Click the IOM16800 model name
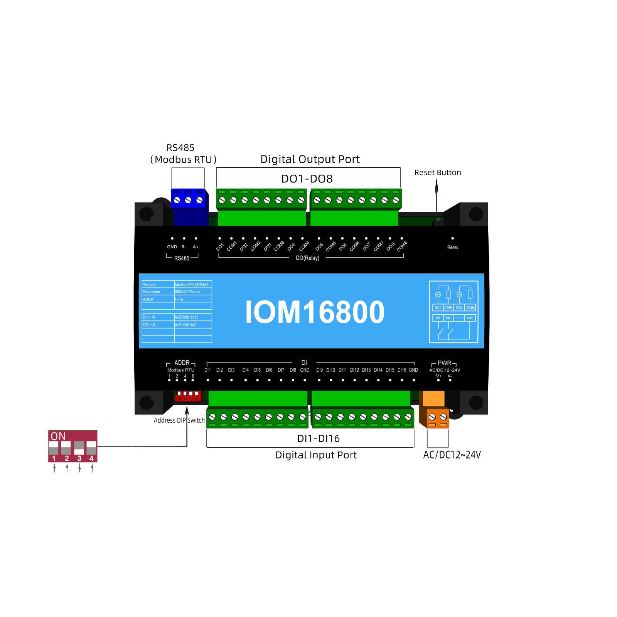315,312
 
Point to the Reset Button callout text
437,172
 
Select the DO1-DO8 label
307,179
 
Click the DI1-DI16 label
318,438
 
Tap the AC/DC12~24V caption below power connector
452,455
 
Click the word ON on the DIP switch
58,436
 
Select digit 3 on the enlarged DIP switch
79,459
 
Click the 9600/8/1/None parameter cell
187,292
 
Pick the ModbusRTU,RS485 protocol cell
191,285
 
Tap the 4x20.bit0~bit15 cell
187,317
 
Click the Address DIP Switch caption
179,420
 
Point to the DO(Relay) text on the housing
307,258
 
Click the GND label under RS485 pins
172,247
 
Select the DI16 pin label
401,370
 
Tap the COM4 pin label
304,246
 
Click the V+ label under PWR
438,376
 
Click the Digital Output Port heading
310,159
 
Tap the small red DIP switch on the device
188,396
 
